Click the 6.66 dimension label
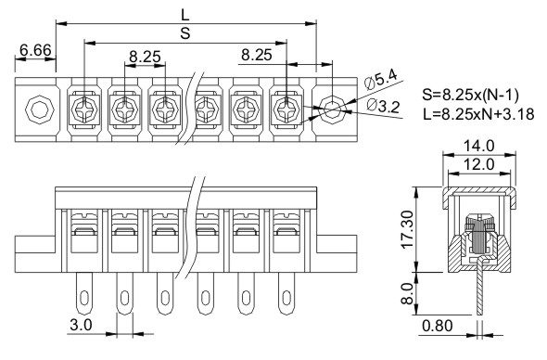[35, 50]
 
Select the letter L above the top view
[184, 15]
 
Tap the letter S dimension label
[185, 33]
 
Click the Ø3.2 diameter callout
[384, 106]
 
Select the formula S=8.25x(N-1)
[470, 95]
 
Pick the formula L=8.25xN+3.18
[478, 114]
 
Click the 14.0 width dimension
[478, 146]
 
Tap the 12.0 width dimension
[478, 164]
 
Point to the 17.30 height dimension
[407, 229]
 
